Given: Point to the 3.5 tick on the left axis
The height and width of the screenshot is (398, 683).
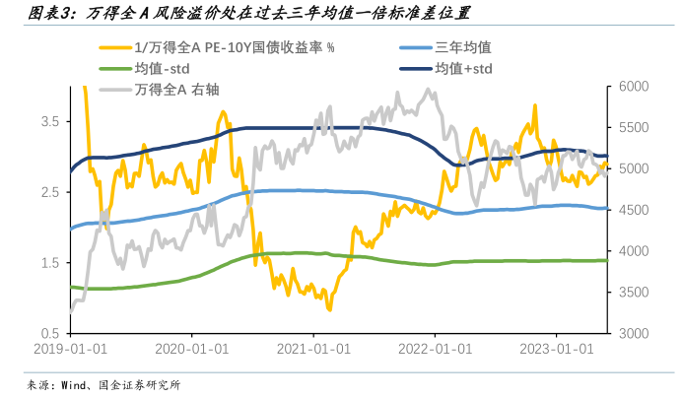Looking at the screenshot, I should tap(48, 121).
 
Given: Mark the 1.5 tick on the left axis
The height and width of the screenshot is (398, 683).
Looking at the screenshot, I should tap(48, 263).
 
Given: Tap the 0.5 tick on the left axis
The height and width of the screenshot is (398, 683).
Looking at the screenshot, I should tap(48, 334).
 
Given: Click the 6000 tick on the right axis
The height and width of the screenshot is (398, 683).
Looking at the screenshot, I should tap(634, 87).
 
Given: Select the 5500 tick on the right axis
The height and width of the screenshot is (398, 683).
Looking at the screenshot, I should tap(634, 128).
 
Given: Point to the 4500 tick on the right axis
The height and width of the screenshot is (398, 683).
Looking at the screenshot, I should tap(634, 210).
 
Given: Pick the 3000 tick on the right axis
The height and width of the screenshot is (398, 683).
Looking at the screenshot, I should tap(634, 334).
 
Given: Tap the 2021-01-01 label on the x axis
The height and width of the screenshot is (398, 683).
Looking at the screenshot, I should tap(313, 349).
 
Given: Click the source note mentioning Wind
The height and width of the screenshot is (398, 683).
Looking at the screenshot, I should tap(103, 384).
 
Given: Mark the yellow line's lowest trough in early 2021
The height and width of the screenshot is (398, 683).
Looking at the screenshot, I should tap(329, 310).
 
